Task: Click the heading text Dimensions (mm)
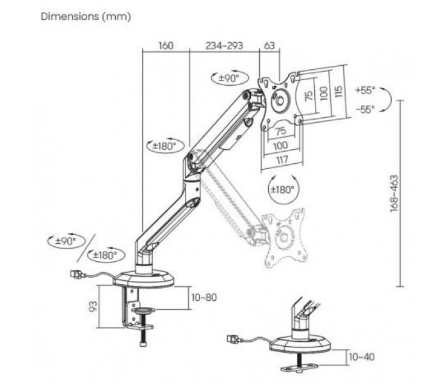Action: (x=86, y=16)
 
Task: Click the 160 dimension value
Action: (x=166, y=45)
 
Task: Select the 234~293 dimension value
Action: (x=224, y=45)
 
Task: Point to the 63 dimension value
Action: (x=269, y=45)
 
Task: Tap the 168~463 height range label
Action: (x=394, y=193)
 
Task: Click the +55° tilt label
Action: (x=365, y=91)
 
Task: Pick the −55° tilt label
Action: (x=365, y=109)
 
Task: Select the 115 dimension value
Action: (x=338, y=92)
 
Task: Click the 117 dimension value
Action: (x=282, y=159)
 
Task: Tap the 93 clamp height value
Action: (x=93, y=307)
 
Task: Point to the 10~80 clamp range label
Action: (x=204, y=298)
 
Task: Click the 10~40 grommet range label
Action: (x=362, y=357)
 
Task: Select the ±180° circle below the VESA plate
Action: (x=282, y=189)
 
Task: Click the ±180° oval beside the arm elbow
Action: (x=166, y=147)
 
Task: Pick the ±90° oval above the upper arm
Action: (x=230, y=78)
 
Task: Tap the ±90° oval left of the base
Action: (x=67, y=241)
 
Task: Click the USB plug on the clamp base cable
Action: (x=76, y=275)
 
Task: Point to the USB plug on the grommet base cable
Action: (x=234, y=339)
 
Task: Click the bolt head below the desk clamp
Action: (x=143, y=344)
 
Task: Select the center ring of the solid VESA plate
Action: (x=280, y=101)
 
